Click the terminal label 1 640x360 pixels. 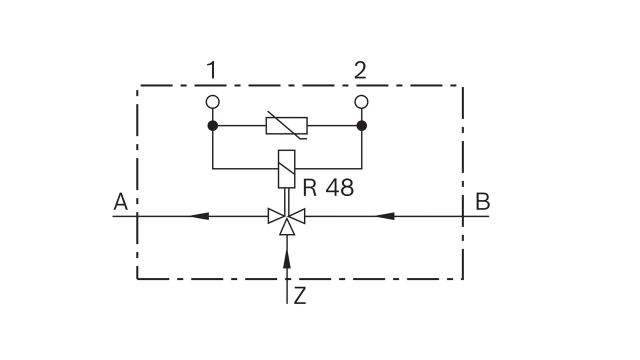click(x=212, y=70)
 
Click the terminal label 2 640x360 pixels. click(x=360, y=70)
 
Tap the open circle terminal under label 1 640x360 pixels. click(x=212, y=102)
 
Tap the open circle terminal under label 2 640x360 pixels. click(x=361, y=102)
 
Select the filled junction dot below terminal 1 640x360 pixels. click(x=212, y=125)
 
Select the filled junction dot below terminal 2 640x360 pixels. click(x=361, y=125)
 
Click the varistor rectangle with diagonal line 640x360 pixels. click(x=286, y=125)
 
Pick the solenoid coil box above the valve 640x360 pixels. click(x=286, y=169)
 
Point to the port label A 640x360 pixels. click(x=120, y=202)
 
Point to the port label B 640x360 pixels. click(x=482, y=202)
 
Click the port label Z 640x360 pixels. click(x=299, y=296)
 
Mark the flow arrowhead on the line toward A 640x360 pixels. click(x=199, y=216)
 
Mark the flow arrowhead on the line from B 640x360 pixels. click(x=384, y=216)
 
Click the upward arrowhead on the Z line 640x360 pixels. click(x=286, y=258)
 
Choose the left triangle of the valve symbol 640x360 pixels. click(x=275, y=216)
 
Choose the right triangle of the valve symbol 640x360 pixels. click(x=298, y=216)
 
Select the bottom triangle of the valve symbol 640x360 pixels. click(x=286, y=228)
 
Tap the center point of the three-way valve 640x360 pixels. click(x=286, y=216)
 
